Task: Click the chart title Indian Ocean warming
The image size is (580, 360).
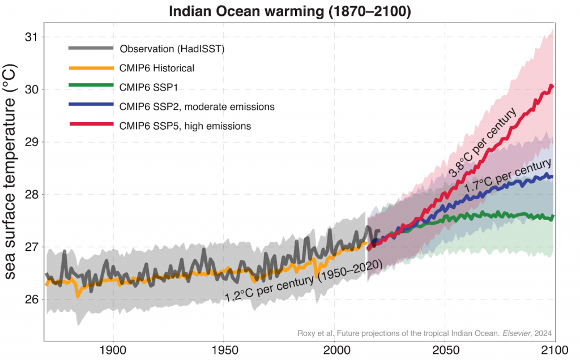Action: tap(289, 10)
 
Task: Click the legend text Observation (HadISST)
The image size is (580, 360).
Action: tap(172, 49)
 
